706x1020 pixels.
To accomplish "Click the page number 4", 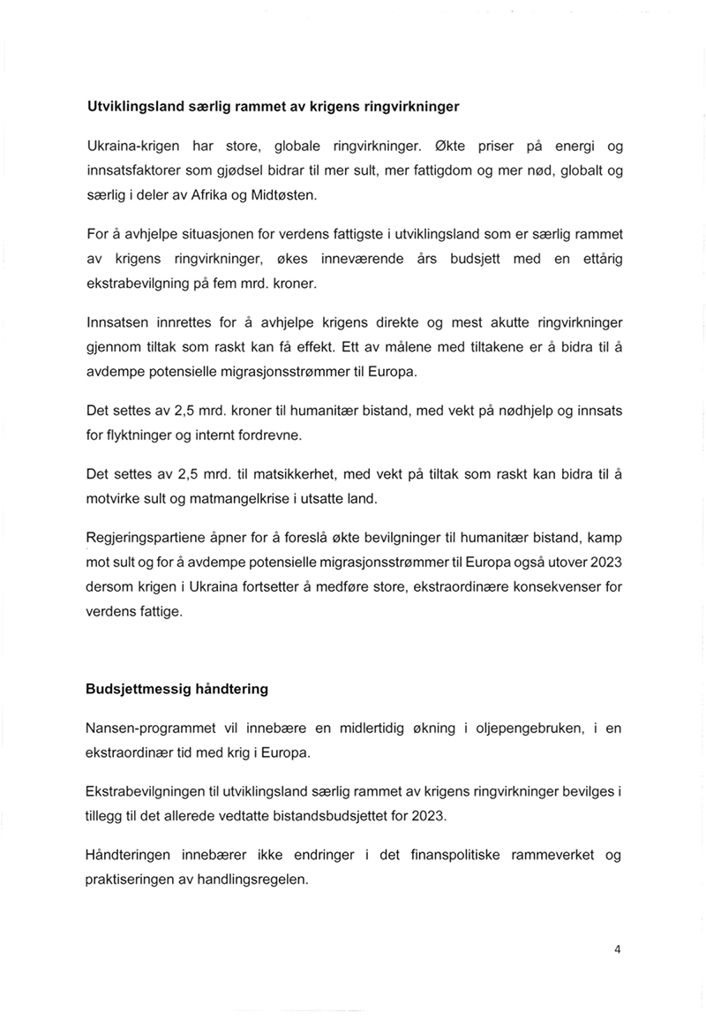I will click(618, 950).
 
